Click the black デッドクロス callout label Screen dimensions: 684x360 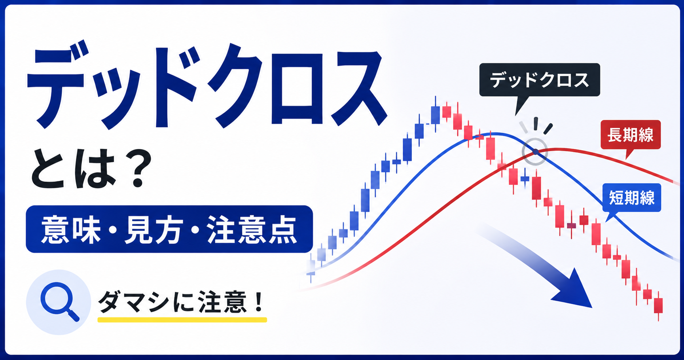click(540, 80)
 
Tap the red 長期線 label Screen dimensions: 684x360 click(631, 135)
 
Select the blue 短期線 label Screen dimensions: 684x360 click(632, 197)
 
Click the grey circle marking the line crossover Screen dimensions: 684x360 click(534, 152)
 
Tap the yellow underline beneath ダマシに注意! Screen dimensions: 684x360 click(182, 320)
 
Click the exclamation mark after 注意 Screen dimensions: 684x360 click(259, 302)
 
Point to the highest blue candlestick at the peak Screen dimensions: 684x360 click(436, 115)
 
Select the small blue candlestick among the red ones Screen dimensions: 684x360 click(525, 178)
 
